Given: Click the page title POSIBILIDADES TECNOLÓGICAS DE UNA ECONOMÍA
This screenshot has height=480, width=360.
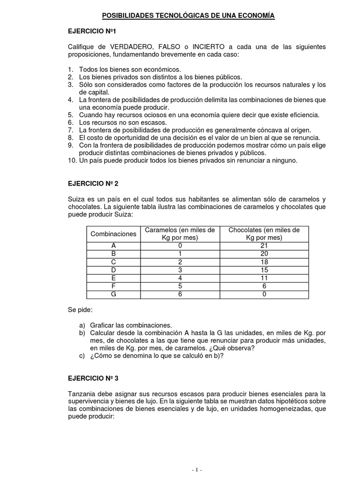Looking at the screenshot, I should pyautogui.click(x=188, y=16).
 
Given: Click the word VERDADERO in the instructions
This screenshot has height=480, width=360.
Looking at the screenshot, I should pyautogui.click(x=132, y=47).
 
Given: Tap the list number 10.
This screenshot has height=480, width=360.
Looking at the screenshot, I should pyautogui.click(x=71, y=160).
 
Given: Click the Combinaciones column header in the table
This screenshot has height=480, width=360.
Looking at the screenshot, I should pyautogui.click(x=113, y=233).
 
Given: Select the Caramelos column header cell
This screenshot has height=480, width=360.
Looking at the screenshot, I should pyautogui.click(x=180, y=233).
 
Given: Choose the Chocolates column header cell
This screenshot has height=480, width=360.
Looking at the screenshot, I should pyautogui.click(x=263, y=233).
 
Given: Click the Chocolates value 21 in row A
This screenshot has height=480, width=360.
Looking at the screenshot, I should pyautogui.click(x=263, y=246).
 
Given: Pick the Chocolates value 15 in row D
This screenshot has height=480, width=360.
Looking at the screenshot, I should pyautogui.click(x=263, y=270).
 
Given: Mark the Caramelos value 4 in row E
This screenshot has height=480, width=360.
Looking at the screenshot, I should pyautogui.click(x=180, y=278).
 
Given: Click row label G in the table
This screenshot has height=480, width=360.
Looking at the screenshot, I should pyautogui.click(x=113, y=294).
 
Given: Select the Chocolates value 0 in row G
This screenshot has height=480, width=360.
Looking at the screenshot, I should pyautogui.click(x=263, y=294).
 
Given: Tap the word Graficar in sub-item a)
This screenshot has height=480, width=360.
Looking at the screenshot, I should pyautogui.click(x=102, y=325).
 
